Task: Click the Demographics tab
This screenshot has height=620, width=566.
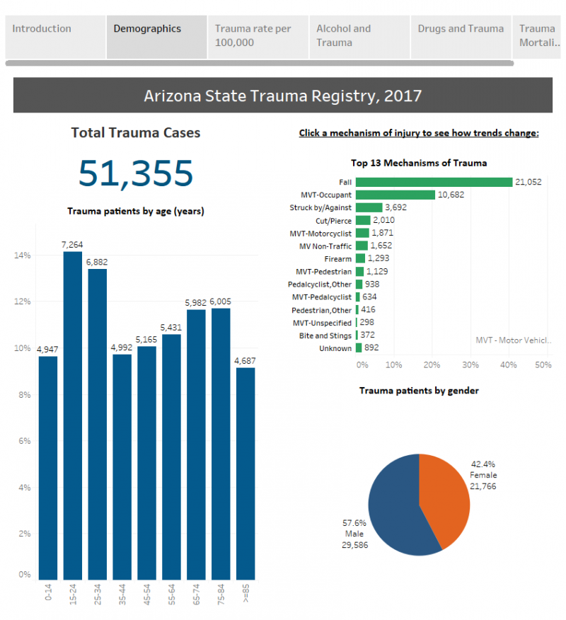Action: [x=156, y=37]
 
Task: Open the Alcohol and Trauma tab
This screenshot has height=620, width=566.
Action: [x=359, y=37]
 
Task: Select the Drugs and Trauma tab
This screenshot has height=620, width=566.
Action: [x=461, y=37]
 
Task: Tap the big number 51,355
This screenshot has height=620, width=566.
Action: [x=136, y=173]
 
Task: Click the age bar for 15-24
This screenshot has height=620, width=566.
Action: [x=73, y=415]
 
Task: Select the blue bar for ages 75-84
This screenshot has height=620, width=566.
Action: [x=221, y=444]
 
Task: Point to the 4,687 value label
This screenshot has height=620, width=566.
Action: [x=245, y=361]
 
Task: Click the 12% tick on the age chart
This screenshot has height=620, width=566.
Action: [x=23, y=302]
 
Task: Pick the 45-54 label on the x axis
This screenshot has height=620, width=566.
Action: [x=146, y=595]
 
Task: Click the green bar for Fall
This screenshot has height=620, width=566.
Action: [x=434, y=182]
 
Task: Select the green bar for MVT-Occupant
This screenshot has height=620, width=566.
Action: [x=395, y=195]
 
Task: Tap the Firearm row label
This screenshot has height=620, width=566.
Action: [x=338, y=259]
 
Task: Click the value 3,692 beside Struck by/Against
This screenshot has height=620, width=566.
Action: [x=396, y=207]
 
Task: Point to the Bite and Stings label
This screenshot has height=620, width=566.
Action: [x=325, y=335]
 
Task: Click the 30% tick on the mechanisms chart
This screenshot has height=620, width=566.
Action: [x=470, y=364]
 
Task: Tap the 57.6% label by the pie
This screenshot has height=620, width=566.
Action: [x=354, y=523]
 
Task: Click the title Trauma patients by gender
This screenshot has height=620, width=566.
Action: [x=419, y=391]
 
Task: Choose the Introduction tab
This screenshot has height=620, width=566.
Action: [x=55, y=37]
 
